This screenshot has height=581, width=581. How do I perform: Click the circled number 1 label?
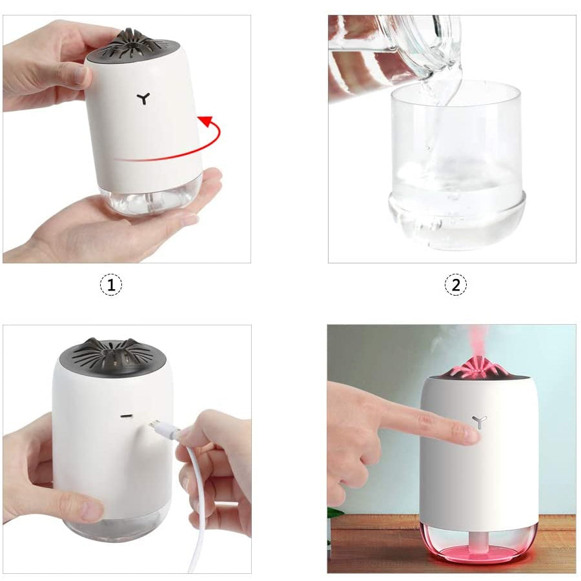[x=111, y=285]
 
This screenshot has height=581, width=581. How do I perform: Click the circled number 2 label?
[x=455, y=285]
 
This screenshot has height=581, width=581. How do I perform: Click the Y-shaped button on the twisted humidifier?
[x=143, y=99]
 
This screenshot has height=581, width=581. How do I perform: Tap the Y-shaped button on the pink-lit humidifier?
[x=480, y=422]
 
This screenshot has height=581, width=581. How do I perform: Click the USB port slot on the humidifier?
[x=127, y=416]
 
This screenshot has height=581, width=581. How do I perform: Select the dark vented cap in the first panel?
[x=132, y=46]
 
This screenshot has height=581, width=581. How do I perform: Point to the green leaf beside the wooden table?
[x=334, y=513]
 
